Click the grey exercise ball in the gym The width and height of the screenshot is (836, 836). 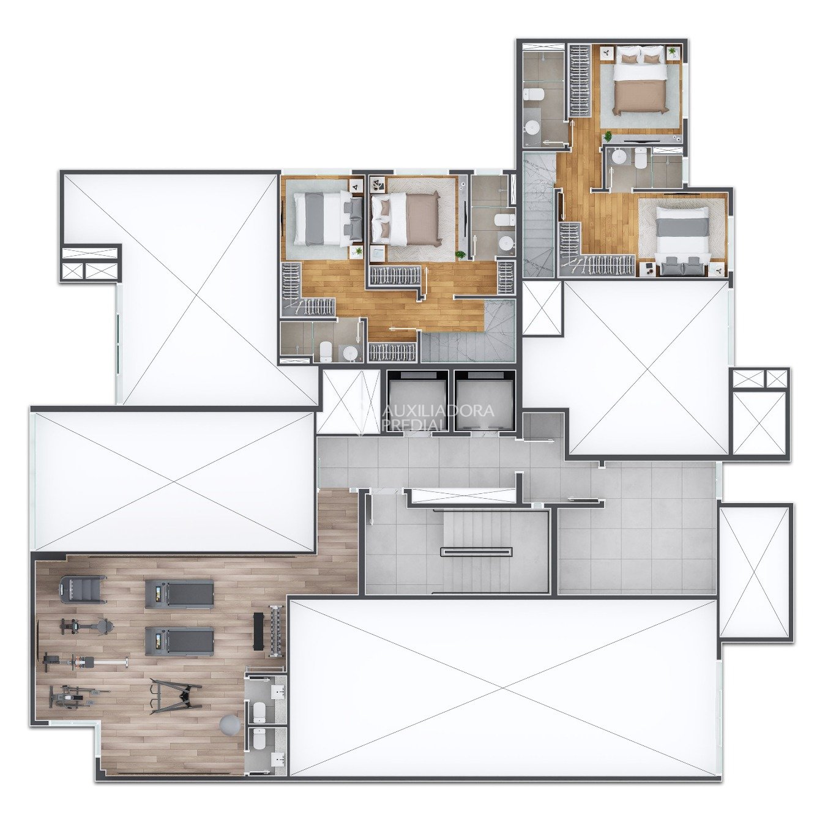[230, 724]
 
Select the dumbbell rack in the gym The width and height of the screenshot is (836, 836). [274, 629]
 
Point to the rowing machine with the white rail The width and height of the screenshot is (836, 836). [85, 662]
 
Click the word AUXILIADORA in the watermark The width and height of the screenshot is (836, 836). [439, 411]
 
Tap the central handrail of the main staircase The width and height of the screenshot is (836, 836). [476, 552]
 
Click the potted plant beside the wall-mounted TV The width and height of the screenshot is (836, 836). [609, 136]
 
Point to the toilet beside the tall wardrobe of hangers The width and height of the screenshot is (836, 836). [532, 95]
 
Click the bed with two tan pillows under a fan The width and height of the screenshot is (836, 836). [640, 80]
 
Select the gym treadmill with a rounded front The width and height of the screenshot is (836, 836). [83, 589]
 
